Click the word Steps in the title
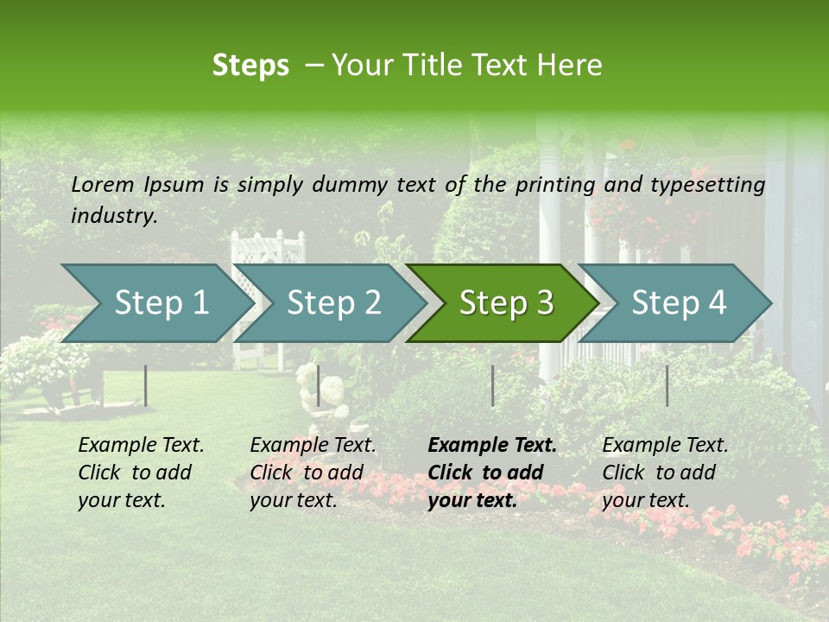(250, 66)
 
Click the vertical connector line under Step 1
(146, 385)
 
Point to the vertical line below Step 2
(319, 385)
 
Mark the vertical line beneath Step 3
(492, 385)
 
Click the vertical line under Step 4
(667, 385)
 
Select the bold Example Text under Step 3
(492, 473)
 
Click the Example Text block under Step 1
(141, 473)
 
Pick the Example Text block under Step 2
(313, 473)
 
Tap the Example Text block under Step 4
(665, 473)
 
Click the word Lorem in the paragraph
(103, 185)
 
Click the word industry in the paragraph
(113, 215)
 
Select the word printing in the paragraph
(555, 185)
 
